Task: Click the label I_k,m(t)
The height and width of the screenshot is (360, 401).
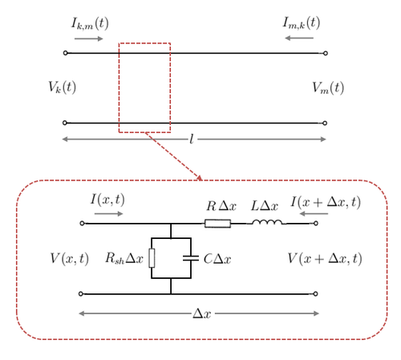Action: coord(90,23)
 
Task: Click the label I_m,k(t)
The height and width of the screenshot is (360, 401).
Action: coord(302,22)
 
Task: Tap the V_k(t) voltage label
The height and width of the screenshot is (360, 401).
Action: coord(62,87)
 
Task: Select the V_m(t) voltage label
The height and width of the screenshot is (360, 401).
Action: coord(328,87)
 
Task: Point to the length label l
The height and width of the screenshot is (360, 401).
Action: coord(192,140)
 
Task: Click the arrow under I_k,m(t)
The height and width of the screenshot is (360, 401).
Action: coord(89,38)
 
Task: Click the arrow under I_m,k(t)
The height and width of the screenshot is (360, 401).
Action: coord(299,38)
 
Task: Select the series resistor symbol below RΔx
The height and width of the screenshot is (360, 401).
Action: coord(217,224)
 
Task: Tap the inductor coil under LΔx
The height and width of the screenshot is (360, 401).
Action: coord(267,222)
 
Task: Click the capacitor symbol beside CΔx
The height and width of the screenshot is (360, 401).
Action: coord(191,258)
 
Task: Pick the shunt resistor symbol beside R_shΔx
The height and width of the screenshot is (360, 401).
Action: coord(152,258)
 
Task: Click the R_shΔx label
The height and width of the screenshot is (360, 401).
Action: coord(124,258)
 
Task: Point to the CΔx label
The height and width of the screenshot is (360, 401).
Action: coord(217,259)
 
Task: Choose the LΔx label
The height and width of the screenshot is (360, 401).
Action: coord(265,206)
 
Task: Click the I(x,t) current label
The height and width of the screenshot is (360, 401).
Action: coord(107,200)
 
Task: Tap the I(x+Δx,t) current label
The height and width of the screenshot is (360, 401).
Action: coord(326,202)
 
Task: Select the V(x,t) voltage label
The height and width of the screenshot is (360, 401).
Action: coord(70,258)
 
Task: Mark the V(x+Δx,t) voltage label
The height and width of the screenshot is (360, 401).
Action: coord(325,258)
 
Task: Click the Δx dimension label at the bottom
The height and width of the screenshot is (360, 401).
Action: coord(202,313)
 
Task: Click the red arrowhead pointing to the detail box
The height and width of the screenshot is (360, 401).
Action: coord(200,178)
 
